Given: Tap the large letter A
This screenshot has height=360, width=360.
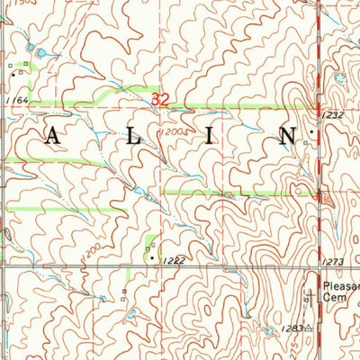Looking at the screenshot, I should point(53,137).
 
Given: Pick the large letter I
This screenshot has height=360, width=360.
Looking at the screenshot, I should point(209,137).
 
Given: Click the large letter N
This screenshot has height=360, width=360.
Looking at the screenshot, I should point(287,137).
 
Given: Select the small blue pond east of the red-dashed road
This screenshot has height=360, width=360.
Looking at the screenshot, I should point(340,77).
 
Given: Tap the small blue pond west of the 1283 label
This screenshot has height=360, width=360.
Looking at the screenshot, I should point(269,332).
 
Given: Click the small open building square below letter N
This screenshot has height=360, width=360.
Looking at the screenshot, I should point(305,143).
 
